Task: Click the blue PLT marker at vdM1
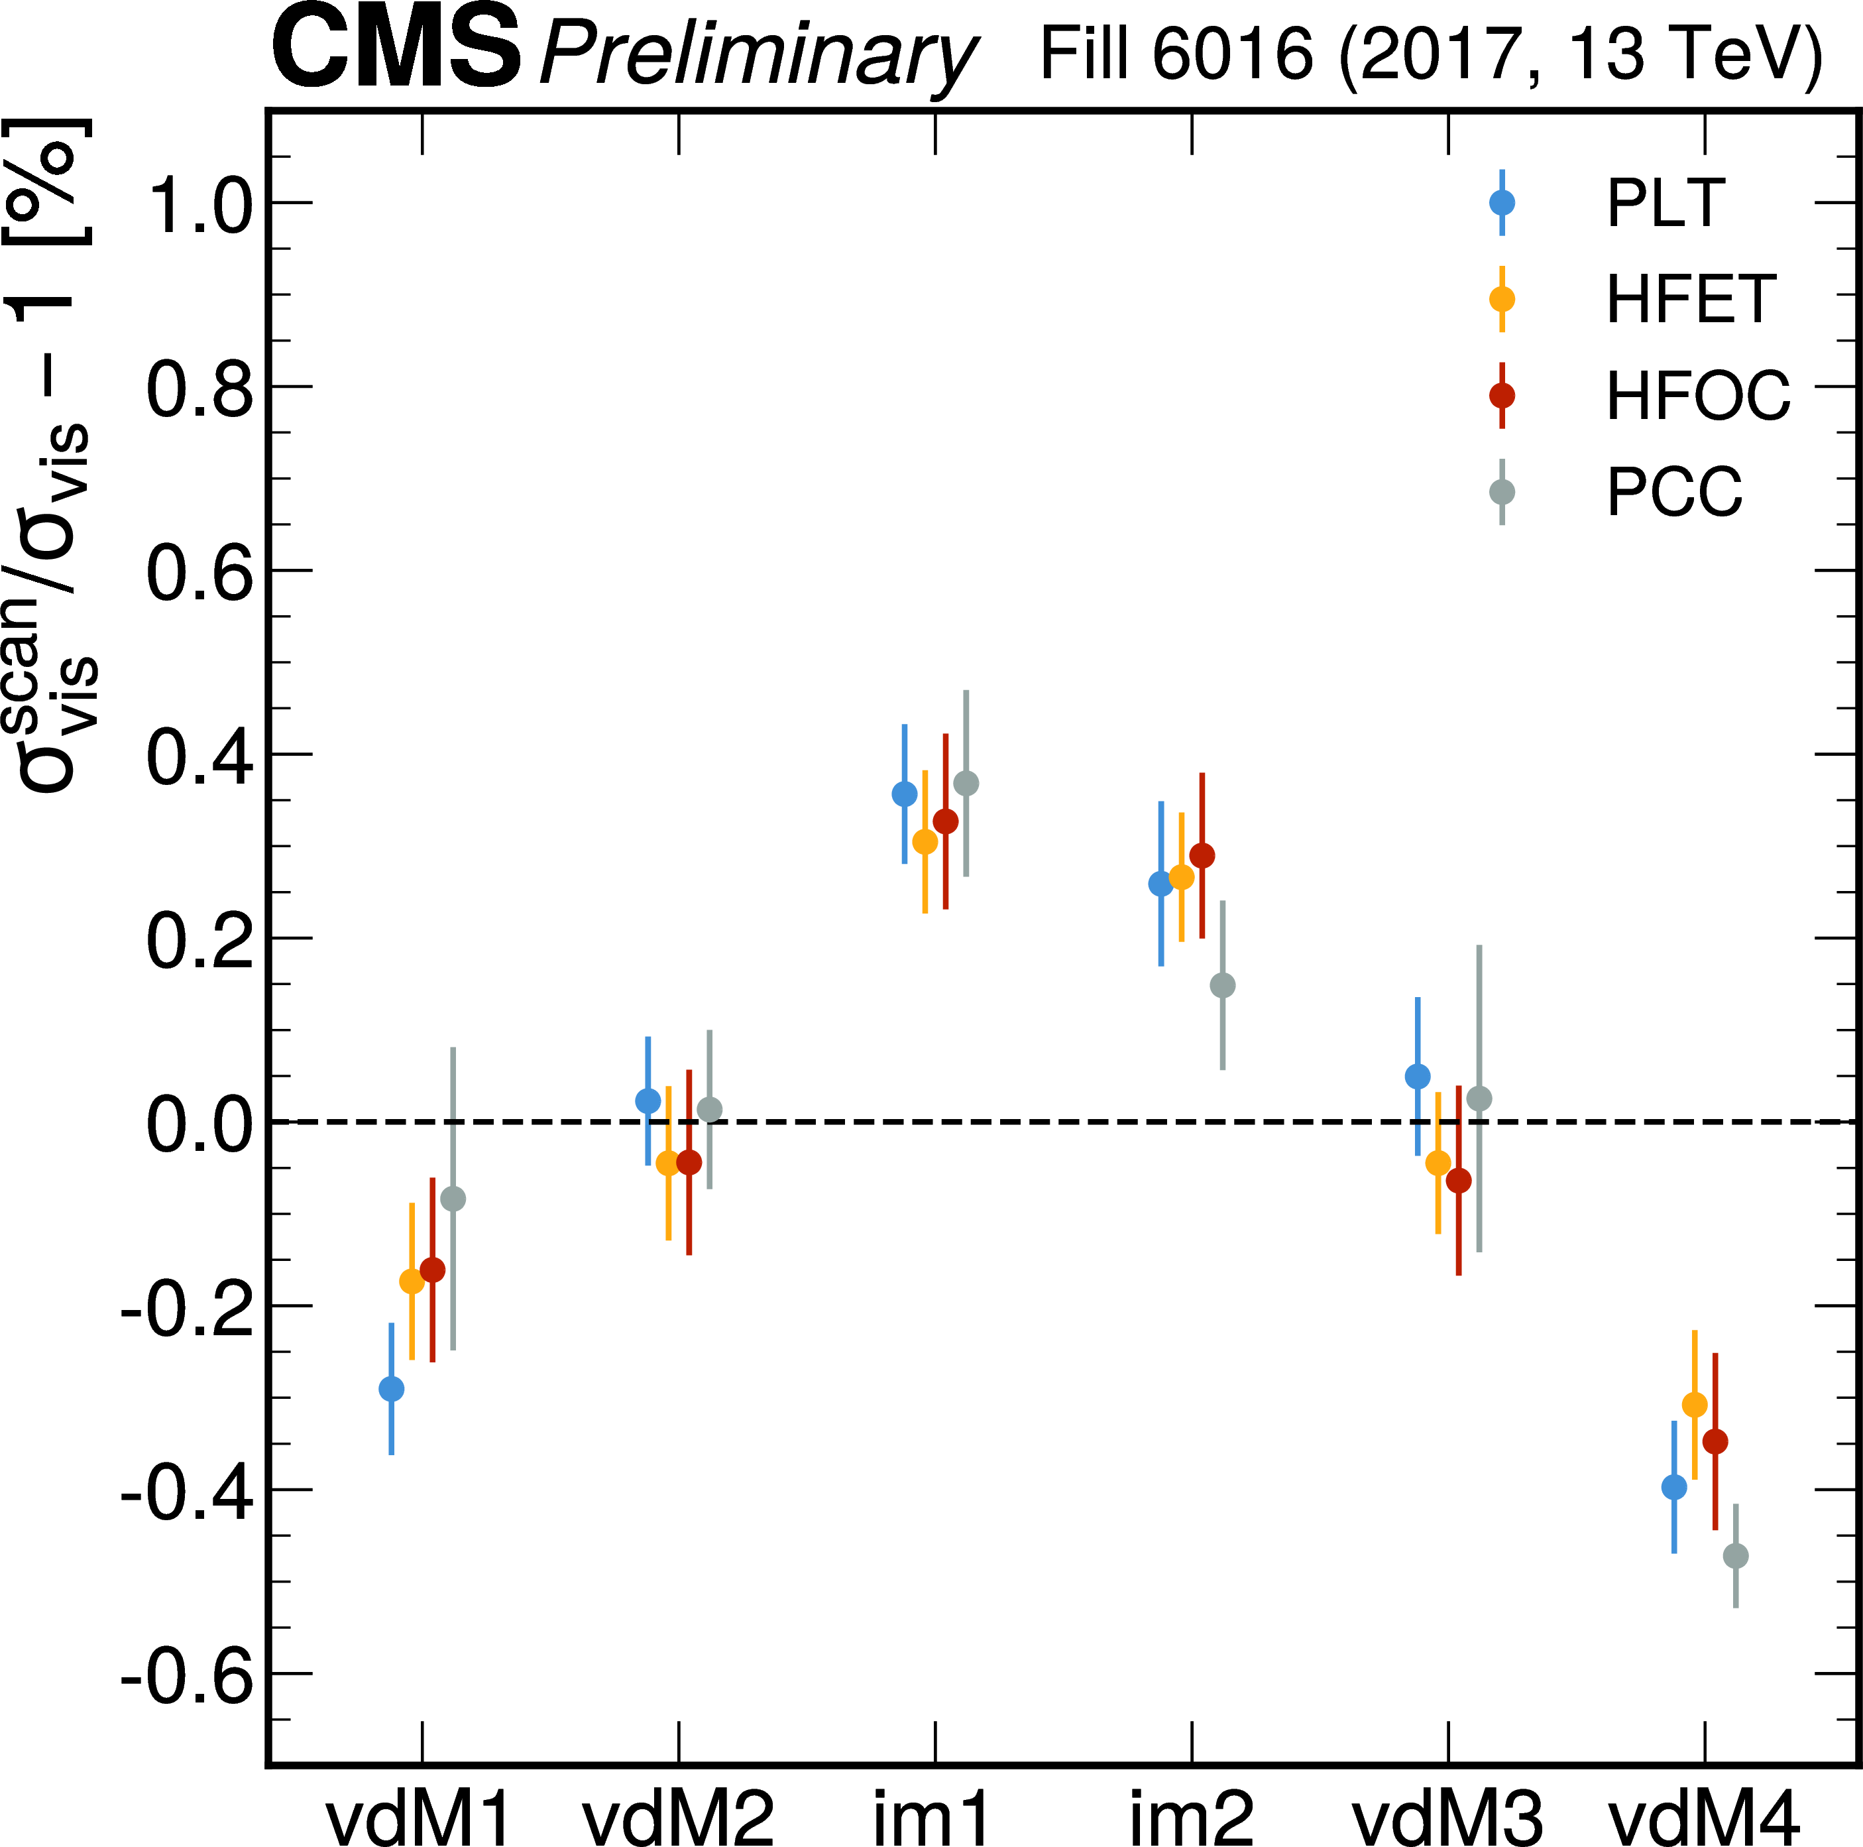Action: click(x=392, y=1389)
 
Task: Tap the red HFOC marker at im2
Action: click(x=1202, y=855)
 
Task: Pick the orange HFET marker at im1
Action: click(x=925, y=842)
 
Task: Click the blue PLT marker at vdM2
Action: click(x=648, y=1101)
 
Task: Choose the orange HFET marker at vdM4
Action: click(x=1694, y=1404)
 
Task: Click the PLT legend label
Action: click(x=1665, y=203)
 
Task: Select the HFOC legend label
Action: click(x=1697, y=395)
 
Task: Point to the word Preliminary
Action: click(x=758, y=55)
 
